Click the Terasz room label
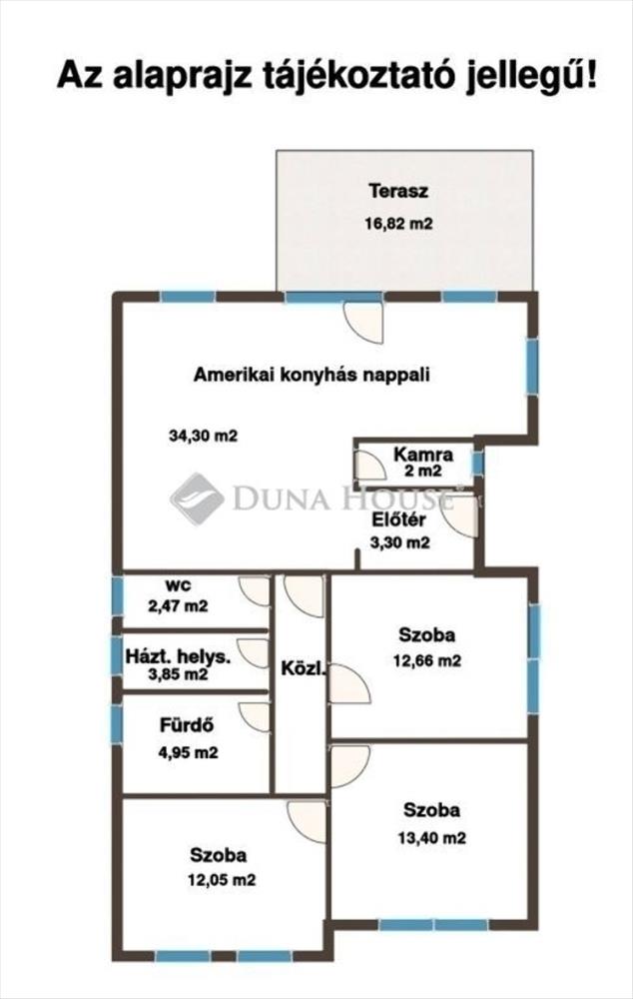(x=398, y=191)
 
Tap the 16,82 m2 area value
(x=398, y=224)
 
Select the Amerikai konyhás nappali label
(x=312, y=375)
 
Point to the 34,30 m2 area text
(x=203, y=436)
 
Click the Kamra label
(x=423, y=455)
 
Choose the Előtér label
(x=399, y=519)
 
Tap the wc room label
(x=178, y=584)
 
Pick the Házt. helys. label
(x=179, y=656)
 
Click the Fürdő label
(x=187, y=725)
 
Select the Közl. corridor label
(x=304, y=669)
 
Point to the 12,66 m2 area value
(x=427, y=660)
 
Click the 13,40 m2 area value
(x=431, y=838)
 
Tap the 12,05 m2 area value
(x=222, y=880)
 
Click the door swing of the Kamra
(x=370, y=465)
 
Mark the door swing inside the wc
(x=254, y=591)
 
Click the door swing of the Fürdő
(x=254, y=716)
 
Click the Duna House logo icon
(x=197, y=499)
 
